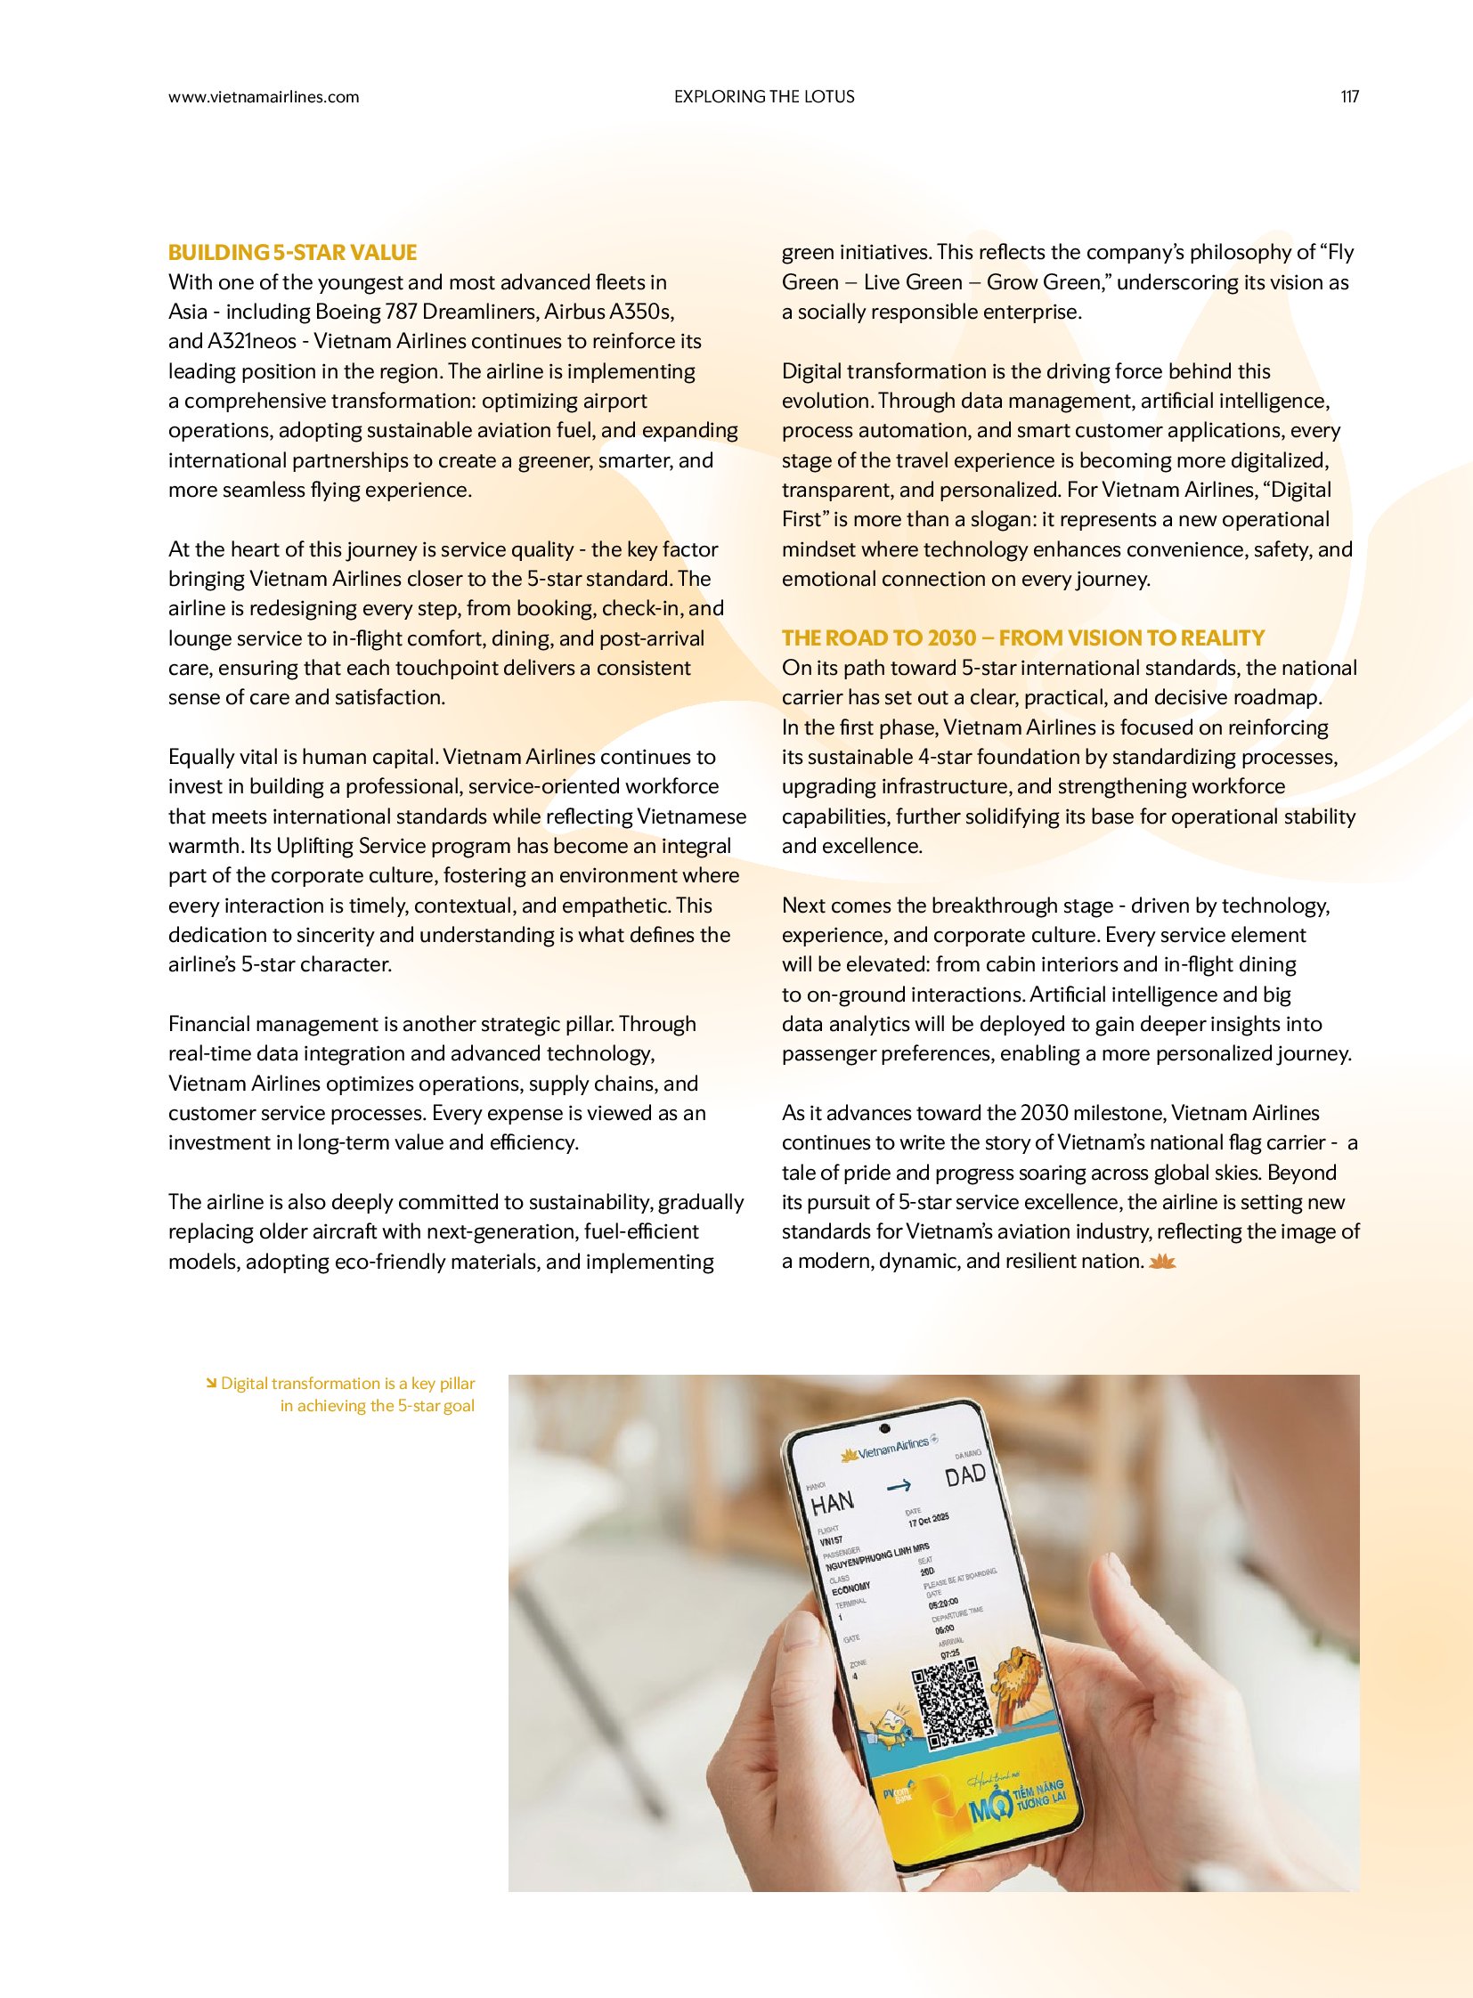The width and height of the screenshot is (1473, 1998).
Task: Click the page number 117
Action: click(x=1349, y=97)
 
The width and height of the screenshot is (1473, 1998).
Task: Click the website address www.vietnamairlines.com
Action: click(x=264, y=97)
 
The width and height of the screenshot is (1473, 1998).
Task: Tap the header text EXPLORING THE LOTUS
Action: click(x=764, y=97)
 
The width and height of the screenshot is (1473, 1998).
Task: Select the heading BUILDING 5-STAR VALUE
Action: click(x=292, y=252)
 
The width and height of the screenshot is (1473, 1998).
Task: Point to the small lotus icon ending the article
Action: click(x=1165, y=1262)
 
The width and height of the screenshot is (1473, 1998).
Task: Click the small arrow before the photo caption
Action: click(x=211, y=1384)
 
